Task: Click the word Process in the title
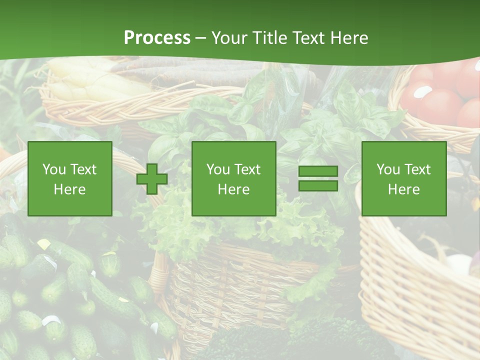pyautogui.click(x=157, y=38)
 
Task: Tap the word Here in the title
pyautogui.click(x=349, y=38)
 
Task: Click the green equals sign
pyautogui.click(x=318, y=178)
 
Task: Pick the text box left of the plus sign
pyautogui.click(x=69, y=178)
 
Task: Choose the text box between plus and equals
pyautogui.click(x=233, y=178)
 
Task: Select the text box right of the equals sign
pyautogui.click(x=403, y=178)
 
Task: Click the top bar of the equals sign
pyautogui.click(x=318, y=171)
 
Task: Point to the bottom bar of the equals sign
pyautogui.click(x=318, y=186)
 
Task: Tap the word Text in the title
pyautogui.click(x=309, y=38)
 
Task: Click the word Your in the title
pyautogui.click(x=229, y=38)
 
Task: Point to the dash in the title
pyautogui.click(x=201, y=38)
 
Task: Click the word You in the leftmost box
pyautogui.click(x=53, y=169)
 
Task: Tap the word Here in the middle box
pyautogui.click(x=233, y=189)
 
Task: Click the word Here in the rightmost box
pyautogui.click(x=403, y=189)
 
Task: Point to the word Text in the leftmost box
pyautogui.click(x=83, y=169)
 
